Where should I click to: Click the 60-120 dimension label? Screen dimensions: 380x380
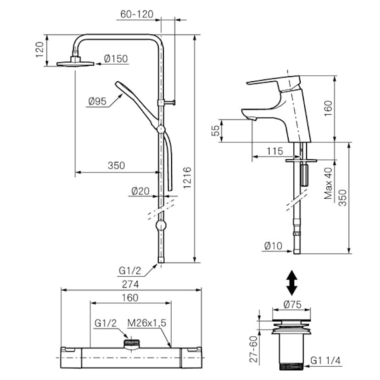pos(137,14)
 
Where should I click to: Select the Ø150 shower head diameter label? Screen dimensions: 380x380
pos(116,59)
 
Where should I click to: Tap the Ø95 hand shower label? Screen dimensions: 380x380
pos(97,101)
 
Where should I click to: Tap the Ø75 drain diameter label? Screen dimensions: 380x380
pos(292,303)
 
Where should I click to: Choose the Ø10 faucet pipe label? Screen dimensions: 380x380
pos(274,246)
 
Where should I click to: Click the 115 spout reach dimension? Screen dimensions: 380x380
pos(274,151)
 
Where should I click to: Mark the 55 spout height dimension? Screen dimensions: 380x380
pos(215,131)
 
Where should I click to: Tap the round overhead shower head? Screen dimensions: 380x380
pos(76,63)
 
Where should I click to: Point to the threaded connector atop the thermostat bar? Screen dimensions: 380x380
pos(133,342)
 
